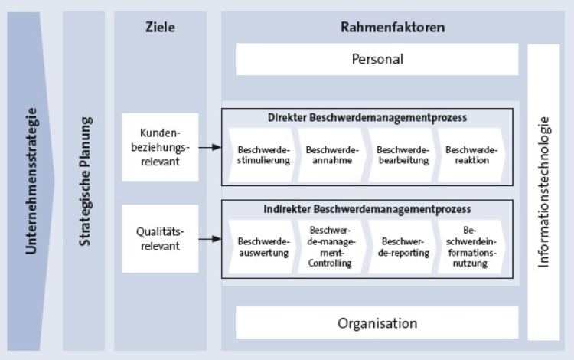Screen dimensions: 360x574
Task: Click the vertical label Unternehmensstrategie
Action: pos(31,184)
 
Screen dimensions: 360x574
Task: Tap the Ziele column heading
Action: pos(160,28)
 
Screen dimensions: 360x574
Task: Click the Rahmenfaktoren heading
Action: pos(392,28)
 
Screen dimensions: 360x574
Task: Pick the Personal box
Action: pos(377,59)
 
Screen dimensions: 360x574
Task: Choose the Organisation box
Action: pos(377,322)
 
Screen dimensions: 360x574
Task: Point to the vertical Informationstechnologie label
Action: pos(543,191)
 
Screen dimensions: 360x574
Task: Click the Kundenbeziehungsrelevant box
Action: pos(160,146)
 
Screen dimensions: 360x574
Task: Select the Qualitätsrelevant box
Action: pos(160,237)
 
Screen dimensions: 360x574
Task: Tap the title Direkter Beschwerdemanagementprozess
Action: pos(367,118)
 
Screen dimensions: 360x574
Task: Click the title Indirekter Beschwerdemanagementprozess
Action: pos(367,208)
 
